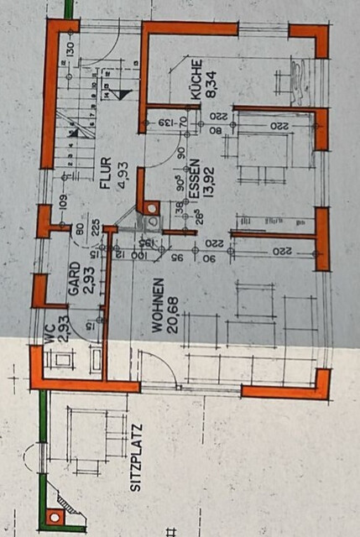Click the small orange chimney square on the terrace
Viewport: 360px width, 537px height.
(x=56, y=516)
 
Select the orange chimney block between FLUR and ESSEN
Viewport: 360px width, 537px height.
(x=150, y=207)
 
